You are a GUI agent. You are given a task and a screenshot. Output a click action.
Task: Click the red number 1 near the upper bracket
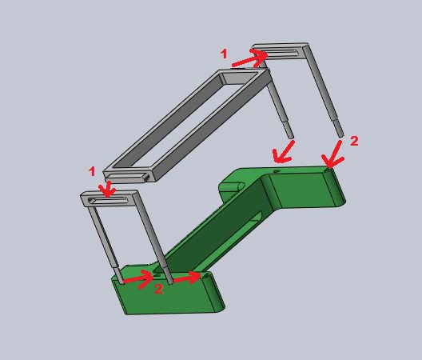tap(224, 54)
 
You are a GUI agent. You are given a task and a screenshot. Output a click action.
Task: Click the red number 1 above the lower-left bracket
tap(93, 171)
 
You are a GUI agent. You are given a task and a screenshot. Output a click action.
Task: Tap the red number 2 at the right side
tap(354, 141)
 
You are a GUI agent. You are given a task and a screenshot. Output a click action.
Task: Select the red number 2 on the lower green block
tap(159, 289)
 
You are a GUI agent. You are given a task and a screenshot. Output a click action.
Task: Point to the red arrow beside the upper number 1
tap(249, 58)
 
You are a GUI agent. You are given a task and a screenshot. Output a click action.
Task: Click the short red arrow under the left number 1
tap(107, 189)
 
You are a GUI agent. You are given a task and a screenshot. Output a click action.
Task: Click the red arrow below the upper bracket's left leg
tap(283, 153)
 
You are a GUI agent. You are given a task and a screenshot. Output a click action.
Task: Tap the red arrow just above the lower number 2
tap(138, 280)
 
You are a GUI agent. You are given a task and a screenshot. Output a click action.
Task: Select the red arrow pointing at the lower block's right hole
tap(187, 278)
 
